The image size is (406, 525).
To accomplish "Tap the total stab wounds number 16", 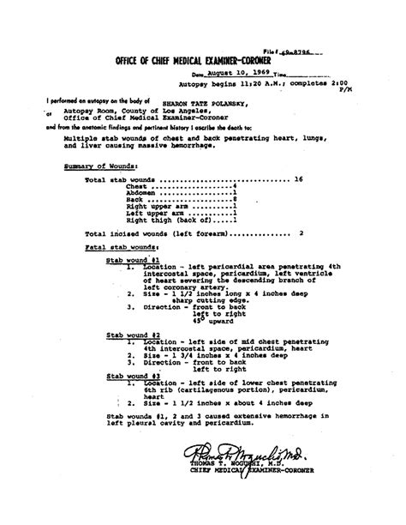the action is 299,180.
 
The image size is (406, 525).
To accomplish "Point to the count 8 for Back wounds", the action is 235,199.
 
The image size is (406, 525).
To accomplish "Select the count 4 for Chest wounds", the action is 235,186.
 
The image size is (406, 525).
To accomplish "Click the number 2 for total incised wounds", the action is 301,232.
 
